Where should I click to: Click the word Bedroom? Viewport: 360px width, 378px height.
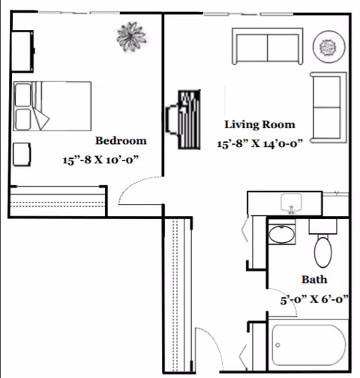(x=121, y=140)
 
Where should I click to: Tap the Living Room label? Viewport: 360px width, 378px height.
(x=259, y=124)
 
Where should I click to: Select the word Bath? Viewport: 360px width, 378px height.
(x=314, y=279)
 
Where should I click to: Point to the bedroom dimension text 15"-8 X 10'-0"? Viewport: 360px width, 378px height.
(x=100, y=160)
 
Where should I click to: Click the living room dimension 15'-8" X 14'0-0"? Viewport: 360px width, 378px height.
(x=260, y=144)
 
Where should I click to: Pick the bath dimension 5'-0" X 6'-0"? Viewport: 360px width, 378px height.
(x=314, y=299)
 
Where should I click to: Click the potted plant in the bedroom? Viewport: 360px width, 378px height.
(x=131, y=37)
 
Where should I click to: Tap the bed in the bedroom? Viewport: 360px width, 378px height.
(x=52, y=106)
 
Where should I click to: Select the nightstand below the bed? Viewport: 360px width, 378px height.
(x=22, y=154)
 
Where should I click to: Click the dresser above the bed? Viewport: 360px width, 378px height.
(x=22, y=51)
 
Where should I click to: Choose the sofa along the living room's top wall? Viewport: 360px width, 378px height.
(x=268, y=46)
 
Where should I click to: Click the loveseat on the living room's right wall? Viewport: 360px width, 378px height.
(x=328, y=107)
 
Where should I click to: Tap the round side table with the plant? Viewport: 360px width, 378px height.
(x=329, y=46)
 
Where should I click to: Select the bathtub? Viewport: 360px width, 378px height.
(x=309, y=345)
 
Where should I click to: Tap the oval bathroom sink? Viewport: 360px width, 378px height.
(x=282, y=234)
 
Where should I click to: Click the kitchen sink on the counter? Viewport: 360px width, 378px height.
(x=291, y=203)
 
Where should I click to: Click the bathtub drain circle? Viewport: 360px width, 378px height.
(x=277, y=345)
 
